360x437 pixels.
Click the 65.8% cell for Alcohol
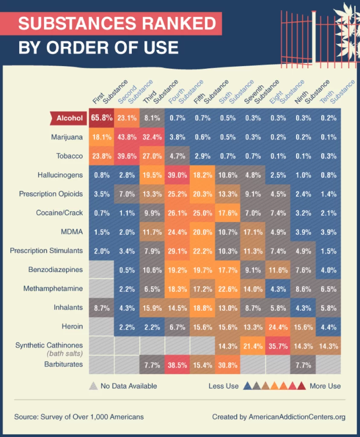click(101, 118)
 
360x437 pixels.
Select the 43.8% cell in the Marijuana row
click(126, 137)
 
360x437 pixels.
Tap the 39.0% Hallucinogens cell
click(177, 175)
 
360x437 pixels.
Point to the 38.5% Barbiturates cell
click(177, 364)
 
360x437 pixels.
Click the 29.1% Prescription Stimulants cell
click(177, 251)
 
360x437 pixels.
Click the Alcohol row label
click(69, 118)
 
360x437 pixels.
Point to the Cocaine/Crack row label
click(59, 213)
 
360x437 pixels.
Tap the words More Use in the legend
click(325, 386)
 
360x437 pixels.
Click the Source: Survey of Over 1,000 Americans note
click(79, 417)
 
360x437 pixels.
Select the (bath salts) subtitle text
click(64, 353)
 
